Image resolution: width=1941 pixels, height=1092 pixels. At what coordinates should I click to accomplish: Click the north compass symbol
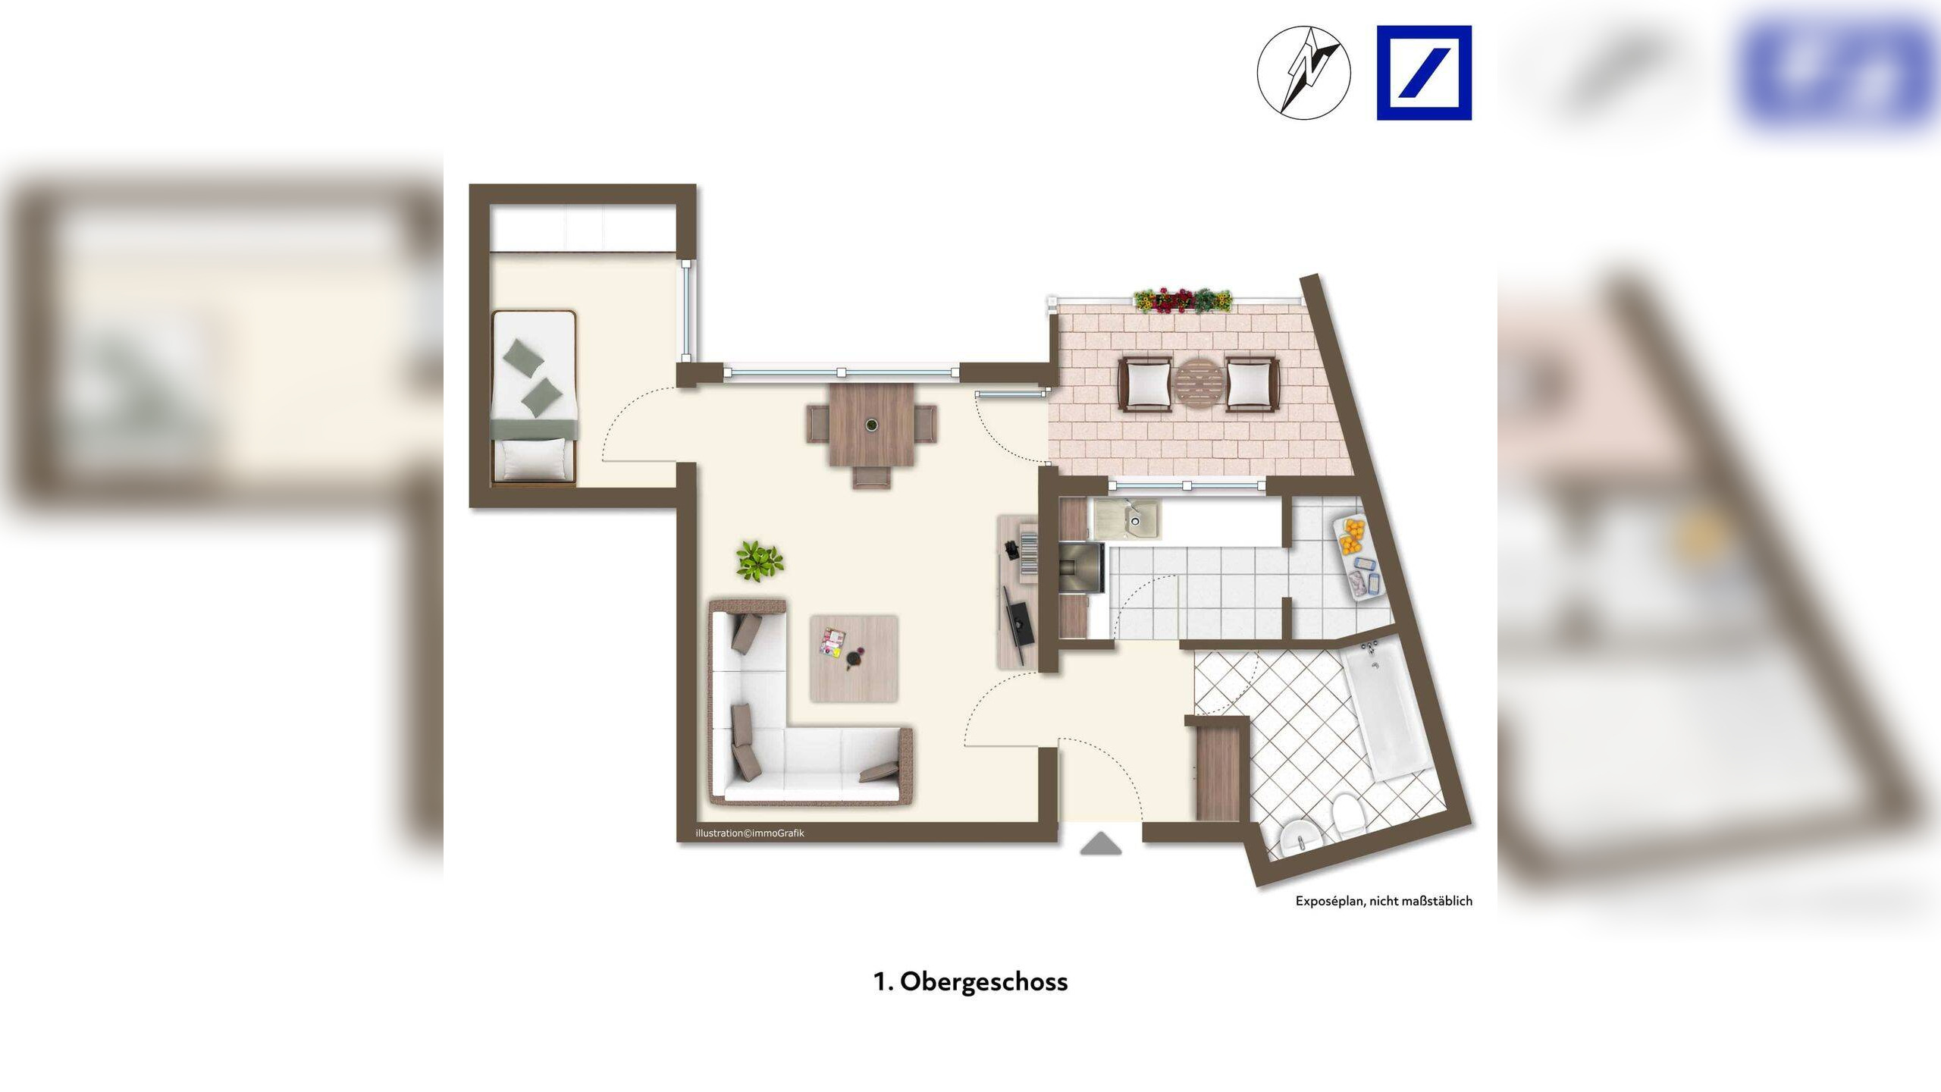pos(1304,72)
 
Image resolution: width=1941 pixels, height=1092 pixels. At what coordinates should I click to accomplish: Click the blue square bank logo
pos(1424,73)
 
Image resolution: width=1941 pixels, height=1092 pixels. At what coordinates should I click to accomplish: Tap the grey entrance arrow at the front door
pos(1100,844)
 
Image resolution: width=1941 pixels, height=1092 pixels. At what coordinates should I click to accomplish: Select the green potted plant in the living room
pos(759,561)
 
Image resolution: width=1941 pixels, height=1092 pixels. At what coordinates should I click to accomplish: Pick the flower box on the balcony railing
pos(1183,300)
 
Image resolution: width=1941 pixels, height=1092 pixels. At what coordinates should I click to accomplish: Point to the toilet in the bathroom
pos(1349,814)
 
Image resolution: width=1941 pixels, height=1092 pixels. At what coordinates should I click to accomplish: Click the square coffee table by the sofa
pos(854,658)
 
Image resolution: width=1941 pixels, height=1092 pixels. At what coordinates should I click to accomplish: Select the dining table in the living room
pos(872,435)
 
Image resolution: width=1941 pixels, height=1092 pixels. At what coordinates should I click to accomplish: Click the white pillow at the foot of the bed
pos(535,459)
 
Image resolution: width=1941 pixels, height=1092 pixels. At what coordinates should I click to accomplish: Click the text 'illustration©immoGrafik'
pos(750,833)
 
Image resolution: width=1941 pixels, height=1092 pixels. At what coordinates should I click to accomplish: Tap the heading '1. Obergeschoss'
pos(970,981)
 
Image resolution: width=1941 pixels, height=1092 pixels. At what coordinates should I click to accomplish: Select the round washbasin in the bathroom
pos(1300,839)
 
